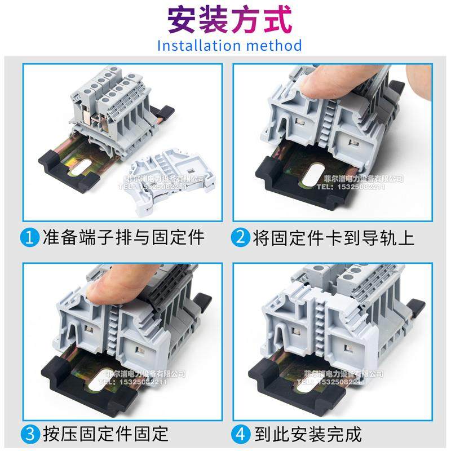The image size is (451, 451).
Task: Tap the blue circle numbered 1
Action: coord(30,237)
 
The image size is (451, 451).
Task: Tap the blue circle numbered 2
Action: coord(241,237)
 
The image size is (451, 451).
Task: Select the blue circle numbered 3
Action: coord(30,434)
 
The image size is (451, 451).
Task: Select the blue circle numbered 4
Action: coord(241,434)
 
